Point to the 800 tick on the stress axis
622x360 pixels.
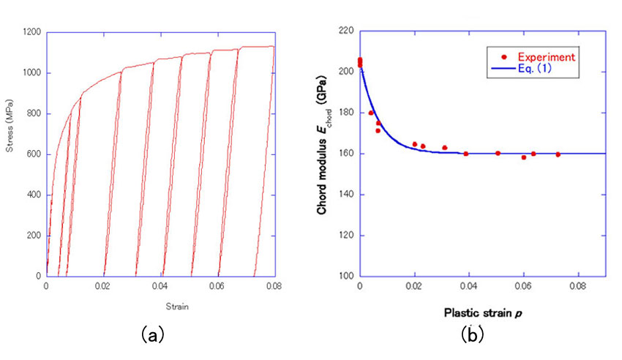pos(34,113)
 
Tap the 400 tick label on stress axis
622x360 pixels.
pos(34,195)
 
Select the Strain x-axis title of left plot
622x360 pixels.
pos(160,307)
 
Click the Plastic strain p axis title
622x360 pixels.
pos(482,312)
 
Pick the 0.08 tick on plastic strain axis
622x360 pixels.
pos(577,287)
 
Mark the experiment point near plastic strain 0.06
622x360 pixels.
pos(524,157)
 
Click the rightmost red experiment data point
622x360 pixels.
pos(558,154)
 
